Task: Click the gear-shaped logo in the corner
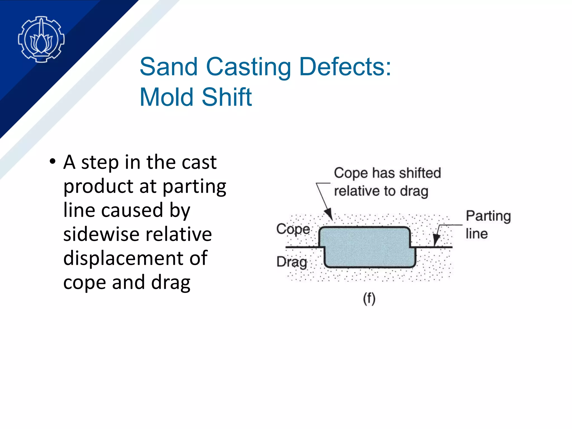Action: pyautogui.click(x=41, y=39)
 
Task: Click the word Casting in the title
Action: pyautogui.click(x=248, y=67)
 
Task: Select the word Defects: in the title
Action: pyautogui.click(x=345, y=67)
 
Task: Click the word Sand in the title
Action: pyautogui.click(x=169, y=67)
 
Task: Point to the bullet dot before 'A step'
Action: pyautogui.click(x=52, y=161)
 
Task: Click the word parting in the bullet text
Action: pyautogui.click(x=194, y=187)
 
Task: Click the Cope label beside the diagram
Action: pyautogui.click(x=293, y=229)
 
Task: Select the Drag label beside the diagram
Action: pyautogui.click(x=292, y=262)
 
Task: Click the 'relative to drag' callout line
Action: pyautogui.click(x=381, y=191)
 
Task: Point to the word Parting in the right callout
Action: pyautogui.click(x=488, y=216)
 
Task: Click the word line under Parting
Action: pyautogui.click(x=476, y=234)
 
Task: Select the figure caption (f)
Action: pyautogui.click(x=369, y=299)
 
